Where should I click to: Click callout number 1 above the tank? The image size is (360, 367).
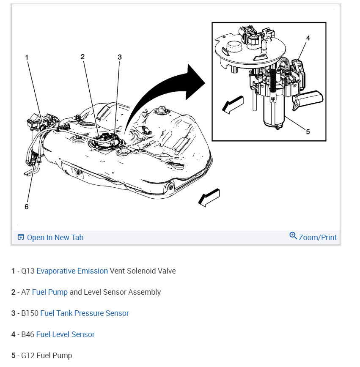click(27, 57)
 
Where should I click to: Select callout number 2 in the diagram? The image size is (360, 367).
click(82, 57)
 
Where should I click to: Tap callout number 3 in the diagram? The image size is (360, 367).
click(120, 57)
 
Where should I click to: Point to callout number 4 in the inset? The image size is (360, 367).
click(308, 38)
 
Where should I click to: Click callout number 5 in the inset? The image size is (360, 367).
click(308, 131)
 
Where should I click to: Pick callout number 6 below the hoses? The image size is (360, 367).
click(27, 207)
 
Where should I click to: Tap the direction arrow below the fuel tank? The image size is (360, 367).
click(209, 197)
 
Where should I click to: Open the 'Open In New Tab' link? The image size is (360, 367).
click(55, 238)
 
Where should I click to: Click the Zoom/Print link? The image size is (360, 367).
click(318, 238)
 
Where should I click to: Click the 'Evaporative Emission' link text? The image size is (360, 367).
click(72, 271)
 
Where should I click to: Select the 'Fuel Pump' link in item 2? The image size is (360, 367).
click(49, 292)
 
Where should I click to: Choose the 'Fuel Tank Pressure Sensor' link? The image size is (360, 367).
click(85, 313)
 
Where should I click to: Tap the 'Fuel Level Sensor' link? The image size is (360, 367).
click(65, 334)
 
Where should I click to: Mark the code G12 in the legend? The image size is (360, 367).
click(28, 356)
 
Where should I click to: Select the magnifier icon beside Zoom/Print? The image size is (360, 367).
click(293, 236)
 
